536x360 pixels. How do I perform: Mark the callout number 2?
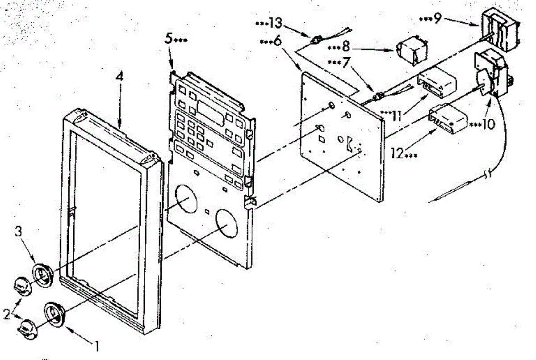coord(6,314)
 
